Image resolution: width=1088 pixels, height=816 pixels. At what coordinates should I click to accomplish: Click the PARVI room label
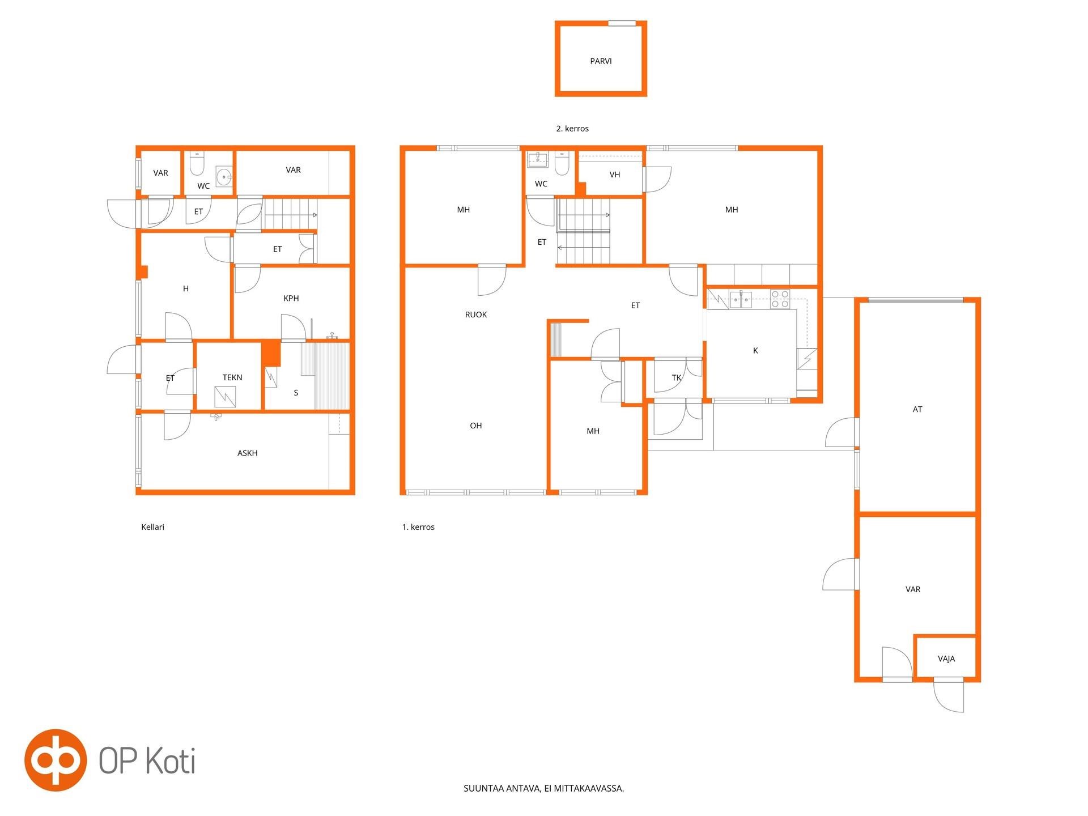[x=601, y=61]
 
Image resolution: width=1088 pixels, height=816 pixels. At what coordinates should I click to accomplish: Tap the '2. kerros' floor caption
[x=572, y=129]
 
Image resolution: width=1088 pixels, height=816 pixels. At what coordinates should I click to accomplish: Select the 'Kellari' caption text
[x=152, y=527]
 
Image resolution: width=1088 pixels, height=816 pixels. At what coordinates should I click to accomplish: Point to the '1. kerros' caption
[x=418, y=527]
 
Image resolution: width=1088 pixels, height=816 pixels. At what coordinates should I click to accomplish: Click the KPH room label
[x=291, y=298]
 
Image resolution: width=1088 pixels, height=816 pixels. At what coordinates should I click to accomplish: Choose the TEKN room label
[x=232, y=377]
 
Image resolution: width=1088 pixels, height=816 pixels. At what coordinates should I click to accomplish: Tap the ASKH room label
[x=248, y=453]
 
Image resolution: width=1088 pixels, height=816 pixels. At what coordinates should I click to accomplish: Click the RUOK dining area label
[x=476, y=314]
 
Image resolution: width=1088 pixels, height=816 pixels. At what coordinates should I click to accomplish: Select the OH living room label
[x=476, y=426]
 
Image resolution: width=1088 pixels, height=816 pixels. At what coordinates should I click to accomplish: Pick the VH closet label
[x=615, y=175]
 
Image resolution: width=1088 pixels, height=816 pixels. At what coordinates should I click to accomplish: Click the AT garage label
[x=917, y=409]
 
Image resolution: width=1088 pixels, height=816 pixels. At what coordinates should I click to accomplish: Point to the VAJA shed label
[x=946, y=658]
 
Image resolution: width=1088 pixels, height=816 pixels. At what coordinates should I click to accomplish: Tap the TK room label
[x=677, y=377]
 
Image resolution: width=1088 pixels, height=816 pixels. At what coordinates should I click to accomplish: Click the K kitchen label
[x=755, y=351]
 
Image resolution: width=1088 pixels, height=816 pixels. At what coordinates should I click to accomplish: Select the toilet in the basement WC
[x=197, y=163]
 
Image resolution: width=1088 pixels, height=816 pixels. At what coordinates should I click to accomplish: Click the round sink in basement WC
[x=225, y=177]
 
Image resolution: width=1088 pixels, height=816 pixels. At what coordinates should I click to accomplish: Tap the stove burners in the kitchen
[x=780, y=299]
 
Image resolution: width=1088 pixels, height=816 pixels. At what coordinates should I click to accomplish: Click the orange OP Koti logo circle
[x=56, y=760]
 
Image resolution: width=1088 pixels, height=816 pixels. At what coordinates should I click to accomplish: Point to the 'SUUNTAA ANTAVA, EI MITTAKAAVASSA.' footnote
[x=543, y=788]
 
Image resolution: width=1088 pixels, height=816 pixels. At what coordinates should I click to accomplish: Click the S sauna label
[x=296, y=393]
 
